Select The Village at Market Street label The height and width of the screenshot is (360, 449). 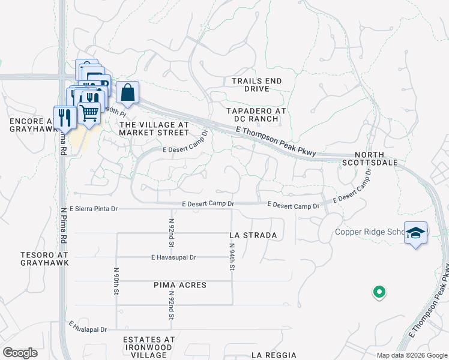pyautogui.click(x=154, y=128)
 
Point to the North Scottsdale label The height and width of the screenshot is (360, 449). pyautogui.click(x=370, y=158)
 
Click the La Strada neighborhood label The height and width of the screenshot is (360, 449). pyautogui.click(x=253, y=235)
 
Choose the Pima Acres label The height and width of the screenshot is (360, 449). pyautogui.click(x=180, y=285)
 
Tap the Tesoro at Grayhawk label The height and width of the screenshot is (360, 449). pyautogui.click(x=40, y=259)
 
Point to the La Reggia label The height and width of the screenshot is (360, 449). pyautogui.click(x=274, y=355)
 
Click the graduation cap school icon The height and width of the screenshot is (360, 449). pyautogui.click(x=415, y=232)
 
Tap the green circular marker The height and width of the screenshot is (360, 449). pyautogui.click(x=379, y=292)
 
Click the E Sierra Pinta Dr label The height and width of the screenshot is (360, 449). pyautogui.click(x=94, y=209)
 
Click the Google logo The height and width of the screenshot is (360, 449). pyautogui.click(x=20, y=352)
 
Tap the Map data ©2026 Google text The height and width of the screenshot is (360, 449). pyautogui.click(x=411, y=355)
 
